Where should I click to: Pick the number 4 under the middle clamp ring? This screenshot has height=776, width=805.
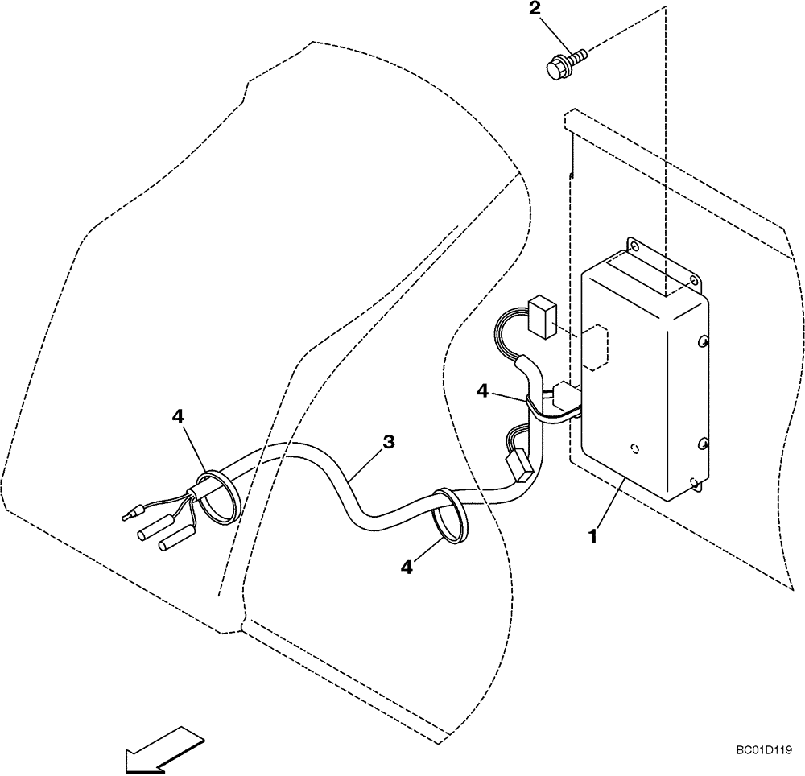click(407, 568)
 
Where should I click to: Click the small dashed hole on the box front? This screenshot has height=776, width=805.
click(636, 448)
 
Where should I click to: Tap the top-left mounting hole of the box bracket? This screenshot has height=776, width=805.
click(634, 245)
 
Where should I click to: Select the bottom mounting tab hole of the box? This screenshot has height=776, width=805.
click(694, 484)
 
